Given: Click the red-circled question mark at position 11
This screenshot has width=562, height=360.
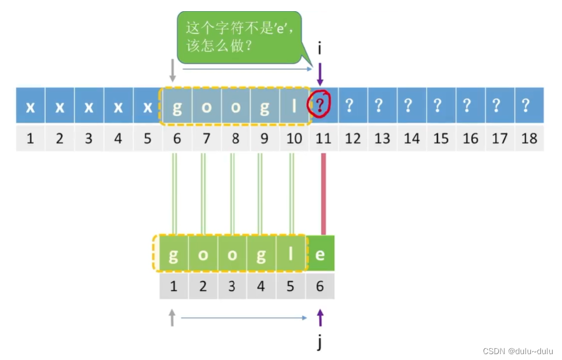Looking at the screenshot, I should [320, 106].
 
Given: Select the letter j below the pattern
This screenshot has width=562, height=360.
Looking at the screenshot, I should [320, 342].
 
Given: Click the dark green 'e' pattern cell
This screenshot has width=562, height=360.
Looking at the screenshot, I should [320, 255].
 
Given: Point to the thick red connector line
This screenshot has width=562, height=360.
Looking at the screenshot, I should [323, 193].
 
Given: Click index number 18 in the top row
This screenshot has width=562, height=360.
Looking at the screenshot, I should [529, 139].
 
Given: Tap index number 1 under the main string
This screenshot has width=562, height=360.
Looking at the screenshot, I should [30, 139].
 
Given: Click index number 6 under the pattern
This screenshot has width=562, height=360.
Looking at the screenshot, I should [320, 287].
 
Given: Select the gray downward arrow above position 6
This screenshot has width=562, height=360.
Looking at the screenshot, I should [172, 70].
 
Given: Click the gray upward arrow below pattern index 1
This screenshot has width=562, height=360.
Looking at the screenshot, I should [172, 317].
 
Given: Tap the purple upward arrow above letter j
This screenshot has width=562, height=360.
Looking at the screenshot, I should [320, 318].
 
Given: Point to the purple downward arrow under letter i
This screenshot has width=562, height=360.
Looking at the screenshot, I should [320, 74].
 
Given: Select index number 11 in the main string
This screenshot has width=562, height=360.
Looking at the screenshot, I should [323, 139].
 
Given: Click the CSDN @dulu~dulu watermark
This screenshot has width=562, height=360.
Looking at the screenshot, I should [518, 351].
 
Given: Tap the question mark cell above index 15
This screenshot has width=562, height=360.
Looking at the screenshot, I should [441, 106].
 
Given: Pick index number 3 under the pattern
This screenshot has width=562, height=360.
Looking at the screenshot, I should [232, 287].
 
